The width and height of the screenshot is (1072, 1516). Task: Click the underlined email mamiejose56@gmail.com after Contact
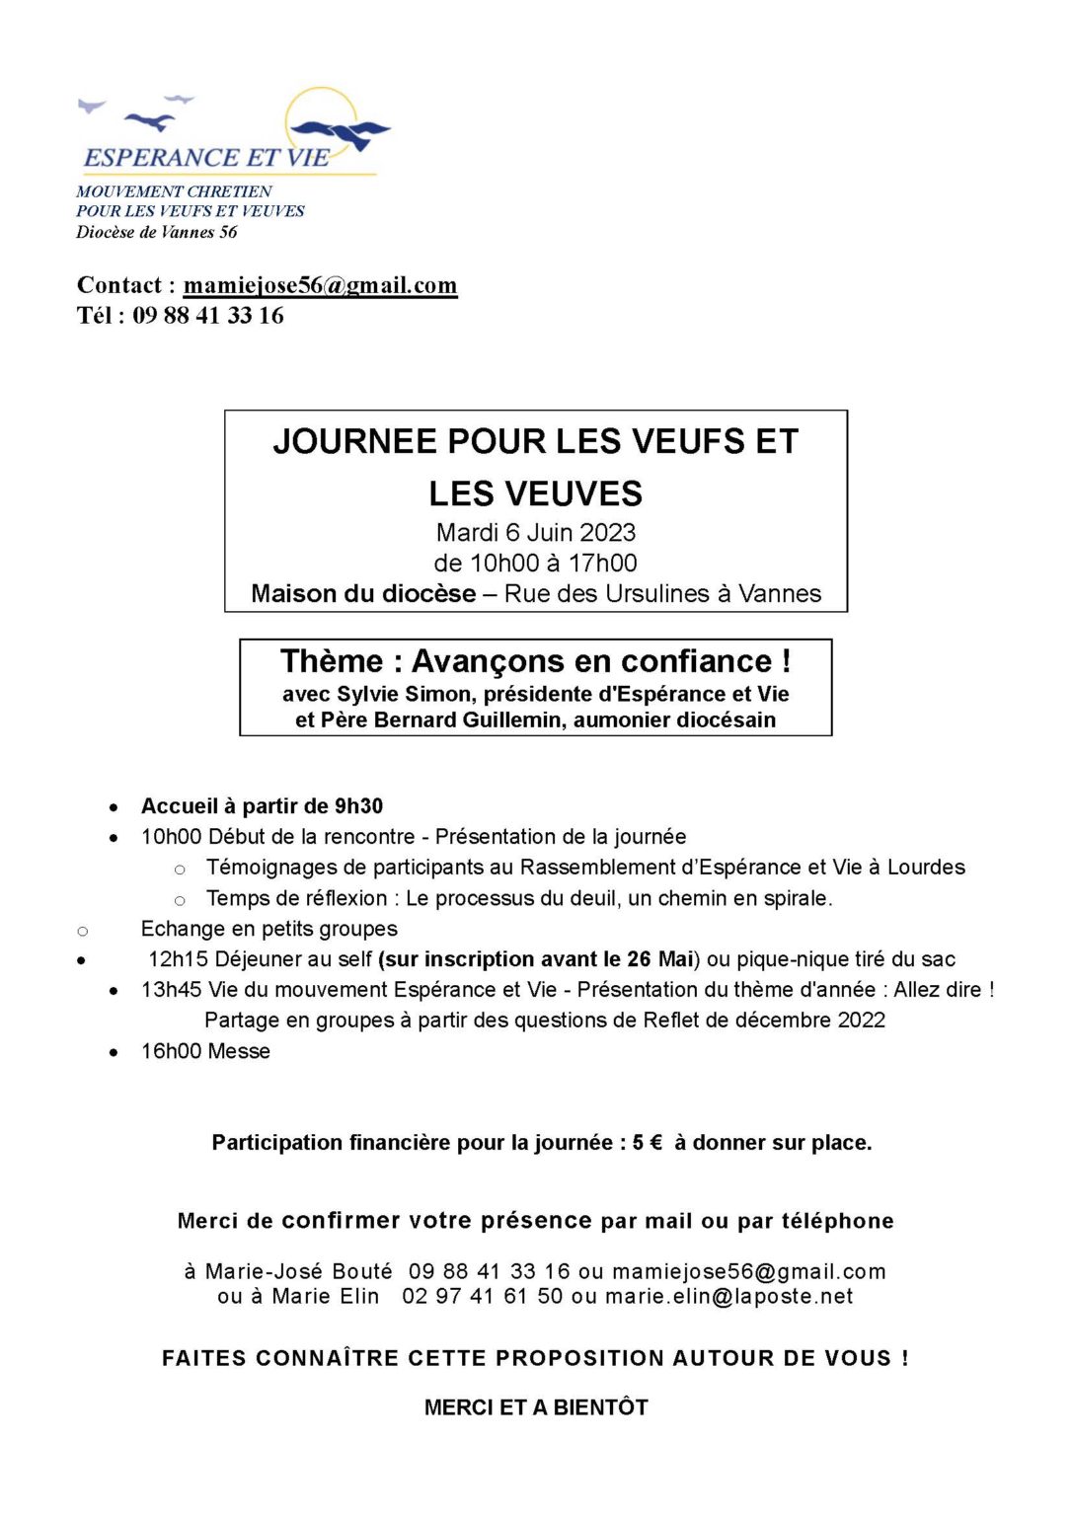pos(320,285)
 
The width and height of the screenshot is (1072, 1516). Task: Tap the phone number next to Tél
pos(208,316)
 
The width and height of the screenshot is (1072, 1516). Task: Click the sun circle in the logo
pos(319,116)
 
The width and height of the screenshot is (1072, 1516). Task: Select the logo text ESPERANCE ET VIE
pos(206,158)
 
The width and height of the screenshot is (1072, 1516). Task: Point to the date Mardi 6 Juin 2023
pos(535,533)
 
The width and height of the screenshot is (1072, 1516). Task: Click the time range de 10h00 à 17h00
pos(535,564)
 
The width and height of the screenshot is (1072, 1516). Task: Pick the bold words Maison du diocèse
pos(363,594)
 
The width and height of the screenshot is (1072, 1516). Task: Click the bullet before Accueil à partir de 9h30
pos(115,807)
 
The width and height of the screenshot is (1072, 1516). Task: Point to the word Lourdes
pos(926,868)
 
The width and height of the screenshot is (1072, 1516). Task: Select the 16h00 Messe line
pos(205,1052)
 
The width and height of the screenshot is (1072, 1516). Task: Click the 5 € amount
pos(648,1143)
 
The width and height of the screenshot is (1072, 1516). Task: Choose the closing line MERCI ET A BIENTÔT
pos(536,1407)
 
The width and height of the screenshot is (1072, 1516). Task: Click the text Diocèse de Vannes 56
pos(157,233)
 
